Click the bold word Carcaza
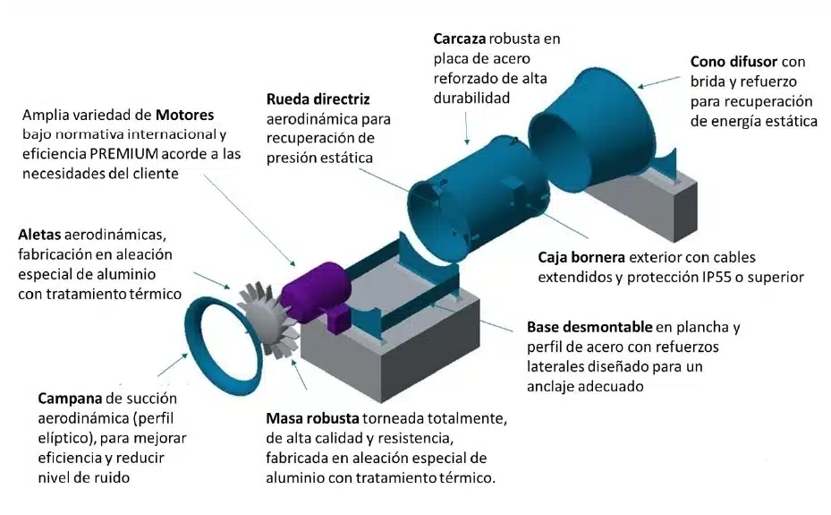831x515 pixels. (x=461, y=39)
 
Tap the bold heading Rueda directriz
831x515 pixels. (x=318, y=99)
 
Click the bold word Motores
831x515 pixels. (x=185, y=116)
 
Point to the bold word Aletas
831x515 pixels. (x=41, y=236)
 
